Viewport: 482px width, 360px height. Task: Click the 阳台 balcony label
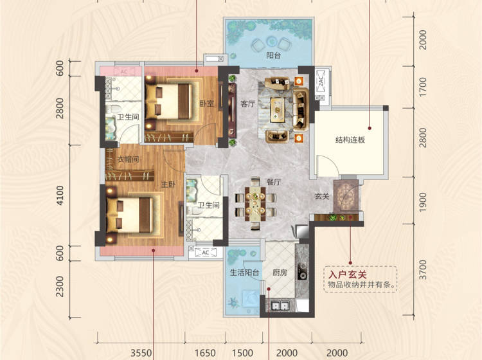273,56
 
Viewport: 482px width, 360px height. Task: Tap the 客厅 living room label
247,104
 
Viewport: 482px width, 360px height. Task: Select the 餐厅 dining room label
274,182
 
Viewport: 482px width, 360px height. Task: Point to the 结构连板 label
350,140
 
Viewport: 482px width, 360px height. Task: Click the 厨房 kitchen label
280,273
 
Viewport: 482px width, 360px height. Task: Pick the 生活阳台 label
245,273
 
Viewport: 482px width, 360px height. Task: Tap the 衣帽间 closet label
128,159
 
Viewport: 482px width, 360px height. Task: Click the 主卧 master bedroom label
168,184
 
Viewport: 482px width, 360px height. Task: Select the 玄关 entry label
321,196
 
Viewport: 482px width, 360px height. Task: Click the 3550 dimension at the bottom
141,353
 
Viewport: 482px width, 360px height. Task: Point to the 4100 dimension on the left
60,195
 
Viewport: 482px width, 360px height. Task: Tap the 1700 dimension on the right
423,87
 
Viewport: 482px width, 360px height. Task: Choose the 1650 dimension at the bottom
205,353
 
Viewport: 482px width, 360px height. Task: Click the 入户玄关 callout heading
348,274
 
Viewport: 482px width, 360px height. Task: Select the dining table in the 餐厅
255,204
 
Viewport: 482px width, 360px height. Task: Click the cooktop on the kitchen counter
301,271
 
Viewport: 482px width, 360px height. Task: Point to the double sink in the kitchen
281,306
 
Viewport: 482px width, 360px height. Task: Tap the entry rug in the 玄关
346,197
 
